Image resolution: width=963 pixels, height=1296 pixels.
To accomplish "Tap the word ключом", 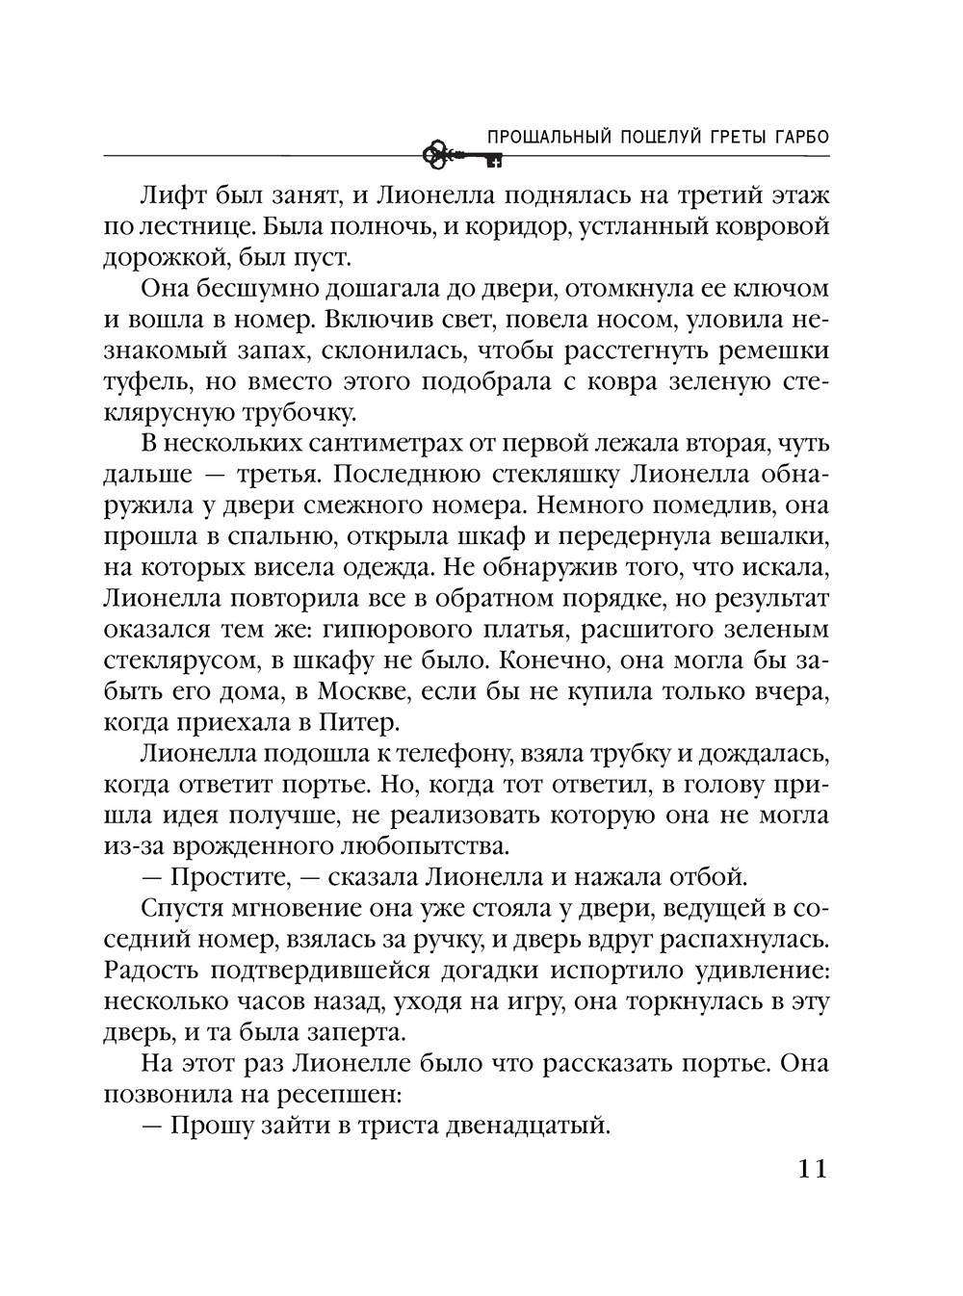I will pos(782,289).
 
